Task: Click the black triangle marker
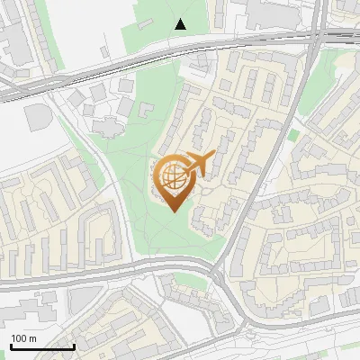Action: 181,24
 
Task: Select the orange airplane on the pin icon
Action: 199,163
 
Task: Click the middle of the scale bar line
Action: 41,346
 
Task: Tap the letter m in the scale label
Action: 32,338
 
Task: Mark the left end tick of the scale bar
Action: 10,346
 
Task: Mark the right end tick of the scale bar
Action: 73,346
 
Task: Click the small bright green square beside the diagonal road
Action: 292,136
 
